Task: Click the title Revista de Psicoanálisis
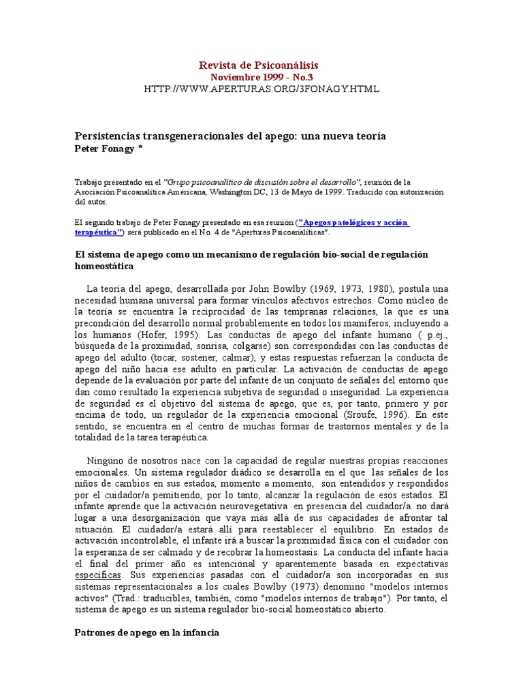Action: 258,65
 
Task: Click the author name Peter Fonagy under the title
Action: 104,148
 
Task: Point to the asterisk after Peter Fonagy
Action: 140,148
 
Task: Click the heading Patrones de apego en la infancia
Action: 146,633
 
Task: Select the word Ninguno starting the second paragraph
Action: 106,460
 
